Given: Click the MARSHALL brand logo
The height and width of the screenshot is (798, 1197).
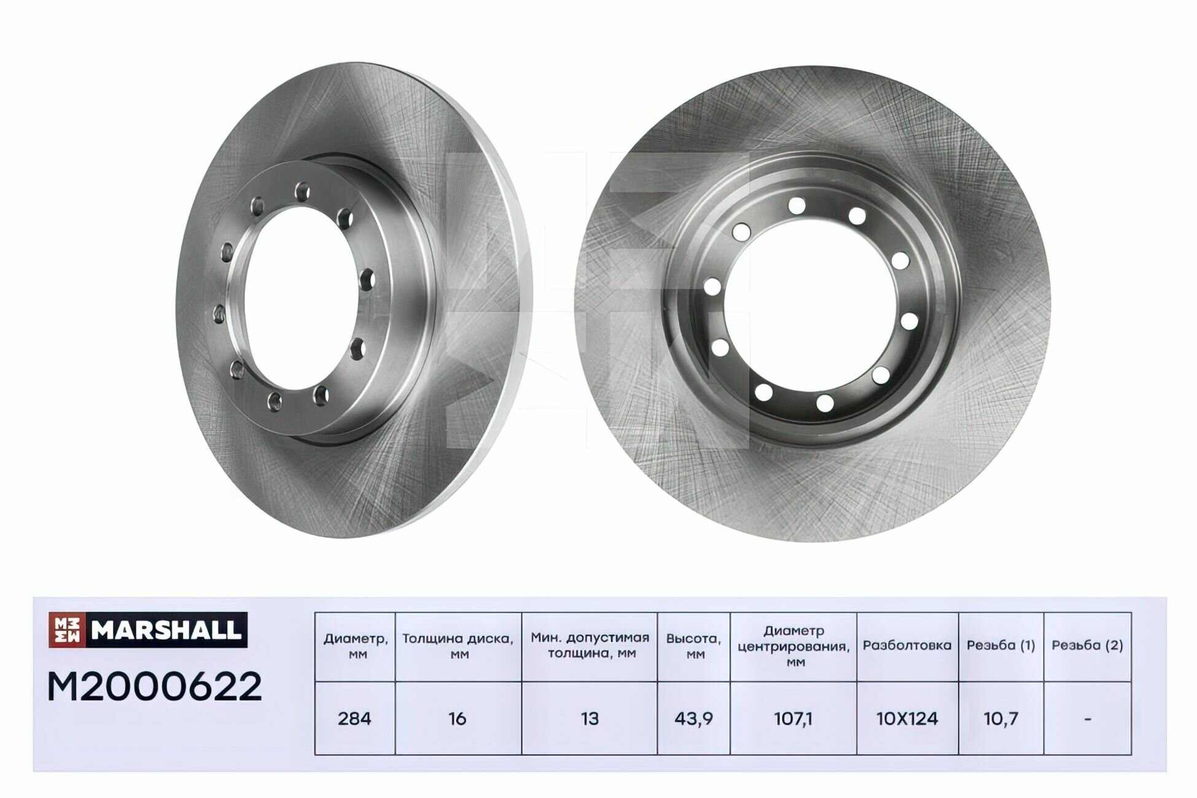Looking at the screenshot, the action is pyautogui.click(x=148, y=630).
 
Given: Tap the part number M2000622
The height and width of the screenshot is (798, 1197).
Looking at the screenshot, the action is pyautogui.click(x=155, y=687).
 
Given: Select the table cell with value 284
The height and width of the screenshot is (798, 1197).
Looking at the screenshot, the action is pyautogui.click(x=354, y=718).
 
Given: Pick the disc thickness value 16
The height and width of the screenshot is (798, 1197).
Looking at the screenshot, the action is pyautogui.click(x=458, y=718).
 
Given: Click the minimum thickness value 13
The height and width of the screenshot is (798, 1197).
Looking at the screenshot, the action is pyautogui.click(x=590, y=718).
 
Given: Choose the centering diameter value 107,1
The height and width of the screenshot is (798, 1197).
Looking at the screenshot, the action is pyautogui.click(x=793, y=718).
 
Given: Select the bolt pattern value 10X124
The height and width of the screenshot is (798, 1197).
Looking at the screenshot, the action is pyautogui.click(x=907, y=718).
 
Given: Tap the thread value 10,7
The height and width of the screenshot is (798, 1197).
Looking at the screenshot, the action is pyautogui.click(x=1001, y=718).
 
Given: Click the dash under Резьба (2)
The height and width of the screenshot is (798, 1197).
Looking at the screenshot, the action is pyautogui.click(x=1088, y=718).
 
